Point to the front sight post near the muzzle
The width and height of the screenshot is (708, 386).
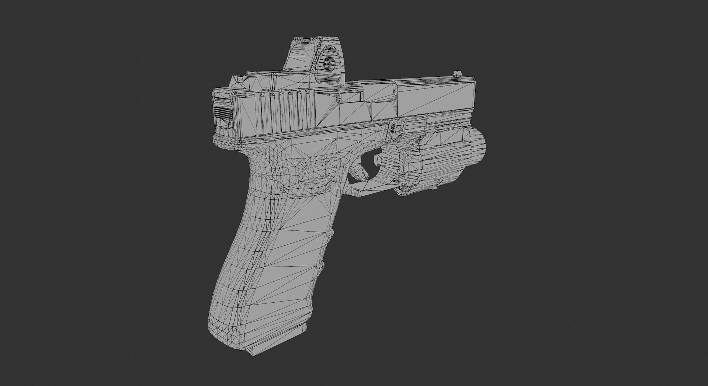(458, 74)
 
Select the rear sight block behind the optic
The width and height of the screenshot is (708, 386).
(242, 82)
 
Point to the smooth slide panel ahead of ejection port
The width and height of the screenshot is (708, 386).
(435, 96)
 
